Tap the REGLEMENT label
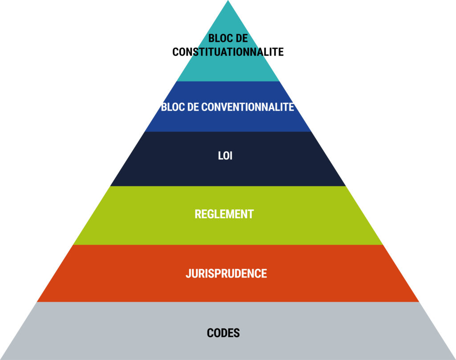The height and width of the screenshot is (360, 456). point(224,214)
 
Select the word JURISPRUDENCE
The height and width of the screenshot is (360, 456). point(226,273)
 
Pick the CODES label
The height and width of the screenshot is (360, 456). point(224,333)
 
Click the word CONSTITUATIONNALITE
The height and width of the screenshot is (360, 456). point(228,52)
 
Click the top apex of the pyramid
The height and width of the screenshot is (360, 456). point(228,1)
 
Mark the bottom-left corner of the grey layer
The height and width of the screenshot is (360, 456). point(1,359)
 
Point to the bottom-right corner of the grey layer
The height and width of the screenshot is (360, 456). point(454,359)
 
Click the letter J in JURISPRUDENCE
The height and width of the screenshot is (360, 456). point(188,273)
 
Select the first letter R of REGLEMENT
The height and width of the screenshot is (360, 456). point(198,214)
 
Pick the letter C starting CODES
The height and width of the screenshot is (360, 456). point(210,333)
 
